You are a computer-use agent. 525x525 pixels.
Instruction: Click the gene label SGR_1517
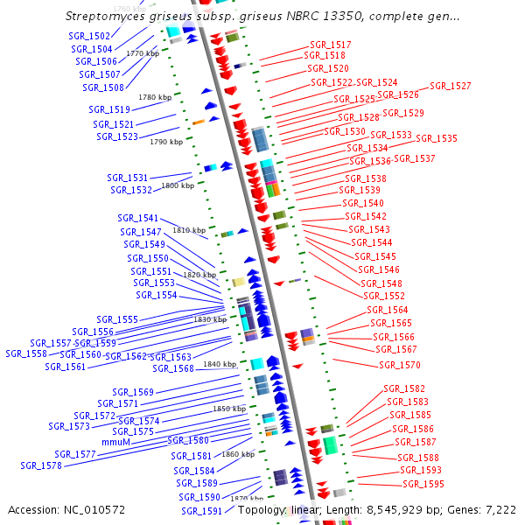pos(331,45)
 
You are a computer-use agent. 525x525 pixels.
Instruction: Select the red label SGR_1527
pos(451,87)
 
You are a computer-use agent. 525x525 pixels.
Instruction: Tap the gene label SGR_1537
pos(415,158)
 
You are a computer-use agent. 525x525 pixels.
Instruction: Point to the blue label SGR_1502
pos(89,36)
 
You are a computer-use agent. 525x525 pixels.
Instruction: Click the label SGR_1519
pos(109,110)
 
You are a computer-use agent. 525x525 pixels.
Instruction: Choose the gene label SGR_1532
pos(131,190)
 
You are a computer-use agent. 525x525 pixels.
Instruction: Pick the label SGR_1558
pos(26,354)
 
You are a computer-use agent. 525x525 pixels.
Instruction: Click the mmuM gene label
pos(116,443)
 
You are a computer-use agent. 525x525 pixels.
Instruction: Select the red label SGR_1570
pos(400,365)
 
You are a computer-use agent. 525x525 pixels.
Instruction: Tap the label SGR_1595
pos(423,484)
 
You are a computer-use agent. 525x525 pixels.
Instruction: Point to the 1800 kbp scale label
pos(178,185)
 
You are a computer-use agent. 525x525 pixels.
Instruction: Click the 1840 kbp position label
pos(220,364)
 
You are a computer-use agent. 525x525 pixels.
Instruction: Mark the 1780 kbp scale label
pos(155,97)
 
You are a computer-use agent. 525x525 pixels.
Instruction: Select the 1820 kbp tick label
pos(199,275)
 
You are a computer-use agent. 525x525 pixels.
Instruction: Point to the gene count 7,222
pos(499,509)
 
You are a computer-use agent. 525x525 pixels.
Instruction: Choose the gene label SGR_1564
pos(388,311)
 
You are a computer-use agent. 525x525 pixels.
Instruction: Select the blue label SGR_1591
pos(202,511)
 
